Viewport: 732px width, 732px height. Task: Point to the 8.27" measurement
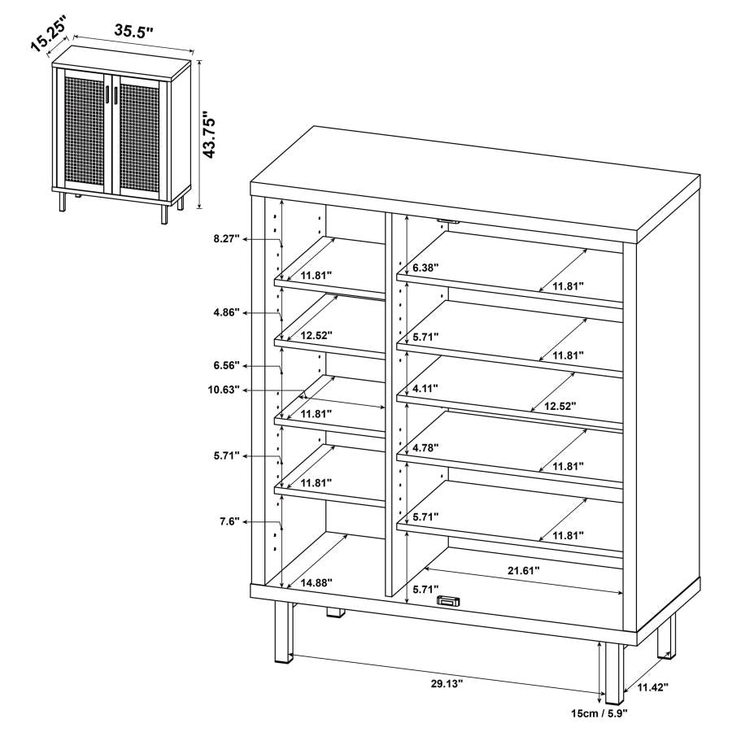coord(224,239)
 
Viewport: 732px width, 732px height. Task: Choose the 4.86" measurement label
coord(224,312)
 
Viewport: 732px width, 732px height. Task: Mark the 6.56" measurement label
coord(224,367)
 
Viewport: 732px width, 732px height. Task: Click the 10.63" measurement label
coord(224,390)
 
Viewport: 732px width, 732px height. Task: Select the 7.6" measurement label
coord(229,521)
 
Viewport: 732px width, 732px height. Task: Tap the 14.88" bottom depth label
coord(316,582)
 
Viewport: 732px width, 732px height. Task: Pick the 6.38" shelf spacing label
coord(425,268)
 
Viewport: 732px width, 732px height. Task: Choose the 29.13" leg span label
coord(446,684)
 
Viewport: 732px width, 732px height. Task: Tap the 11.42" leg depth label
coord(651,687)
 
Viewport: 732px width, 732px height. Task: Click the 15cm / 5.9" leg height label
coord(599,712)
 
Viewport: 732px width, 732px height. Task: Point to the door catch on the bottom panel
coord(447,601)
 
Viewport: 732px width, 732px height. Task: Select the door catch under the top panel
coord(447,220)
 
